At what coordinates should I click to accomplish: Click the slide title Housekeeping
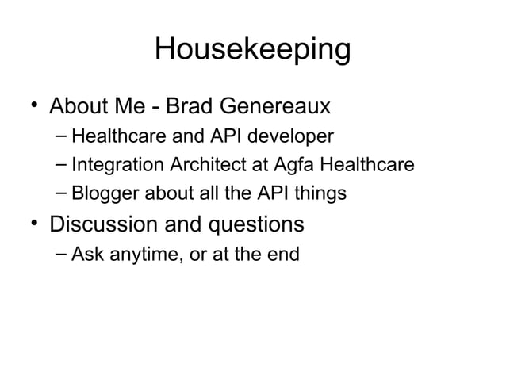tap(252, 49)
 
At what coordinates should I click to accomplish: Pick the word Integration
tap(108, 167)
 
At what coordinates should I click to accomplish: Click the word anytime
tap(134, 255)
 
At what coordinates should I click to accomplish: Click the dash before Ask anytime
tap(61, 253)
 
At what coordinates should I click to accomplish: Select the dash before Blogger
tap(61, 193)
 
